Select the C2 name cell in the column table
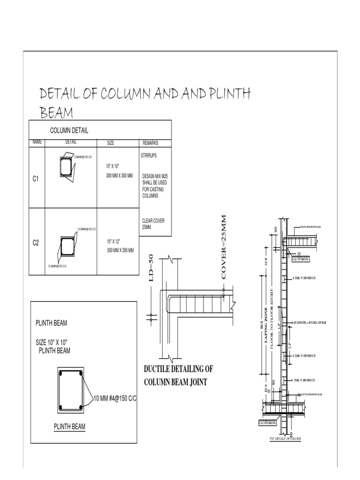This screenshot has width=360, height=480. click(x=36, y=242)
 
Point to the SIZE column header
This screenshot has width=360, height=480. click(x=111, y=142)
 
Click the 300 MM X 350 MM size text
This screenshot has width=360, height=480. click(x=120, y=250)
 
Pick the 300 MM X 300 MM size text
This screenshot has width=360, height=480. click(x=120, y=176)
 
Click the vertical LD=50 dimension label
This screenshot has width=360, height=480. click(x=151, y=268)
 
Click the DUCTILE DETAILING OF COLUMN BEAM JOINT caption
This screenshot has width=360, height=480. click(x=178, y=375)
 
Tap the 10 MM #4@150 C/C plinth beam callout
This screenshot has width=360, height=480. click(x=113, y=398)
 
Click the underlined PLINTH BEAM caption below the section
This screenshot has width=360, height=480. click(x=69, y=427)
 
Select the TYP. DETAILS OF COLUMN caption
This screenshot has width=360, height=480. click(x=285, y=439)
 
